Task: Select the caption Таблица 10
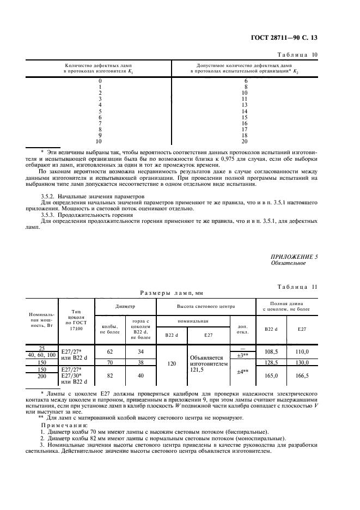tap(301, 55)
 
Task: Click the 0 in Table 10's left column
tap(100, 81)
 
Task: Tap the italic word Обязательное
tap(289, 263)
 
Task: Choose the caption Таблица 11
tap(301, 287)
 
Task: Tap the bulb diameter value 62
tap(110, 352)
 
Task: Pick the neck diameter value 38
tap(141, 362)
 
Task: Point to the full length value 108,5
tap(270, 352)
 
